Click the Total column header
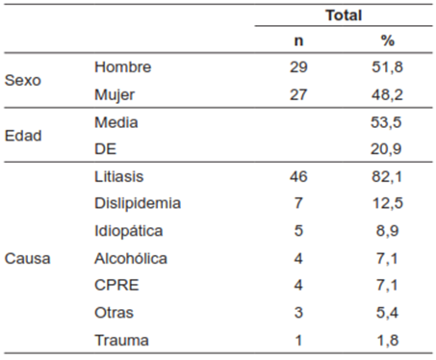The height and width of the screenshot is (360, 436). (x=344, y=15)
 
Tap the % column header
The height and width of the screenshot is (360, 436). (x=388, y=42)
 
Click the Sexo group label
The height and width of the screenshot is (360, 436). (x=23, y=81)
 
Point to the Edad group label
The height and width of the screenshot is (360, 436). (x=23, y=136)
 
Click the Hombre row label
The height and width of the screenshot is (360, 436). (x=124, y=67)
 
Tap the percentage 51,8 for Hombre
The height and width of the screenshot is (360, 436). (x=389, y=67)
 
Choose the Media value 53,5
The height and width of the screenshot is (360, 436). (x=389, y=122)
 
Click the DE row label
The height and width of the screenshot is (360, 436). (x=106, y=149)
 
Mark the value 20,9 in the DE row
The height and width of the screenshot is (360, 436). (x=389, y=149)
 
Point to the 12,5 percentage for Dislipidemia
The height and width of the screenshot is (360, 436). (x=389, y=204)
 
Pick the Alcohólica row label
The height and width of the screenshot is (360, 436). (x=131, y=259)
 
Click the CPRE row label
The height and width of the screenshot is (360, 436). (x=115, y=286)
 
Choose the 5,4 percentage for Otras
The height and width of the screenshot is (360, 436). (x=389, y=313)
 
